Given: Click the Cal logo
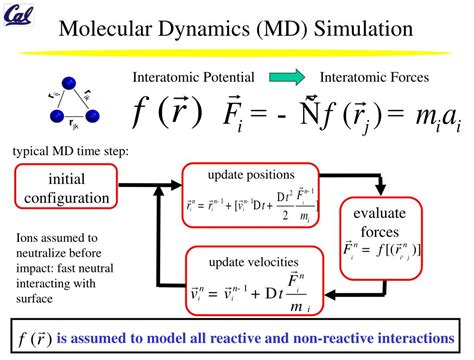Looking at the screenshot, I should tap(20, 15).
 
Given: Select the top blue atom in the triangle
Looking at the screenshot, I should tap(71, 84).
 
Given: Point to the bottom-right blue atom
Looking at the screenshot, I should tap(92, 117).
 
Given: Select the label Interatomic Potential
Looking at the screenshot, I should tap(199, 77).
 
